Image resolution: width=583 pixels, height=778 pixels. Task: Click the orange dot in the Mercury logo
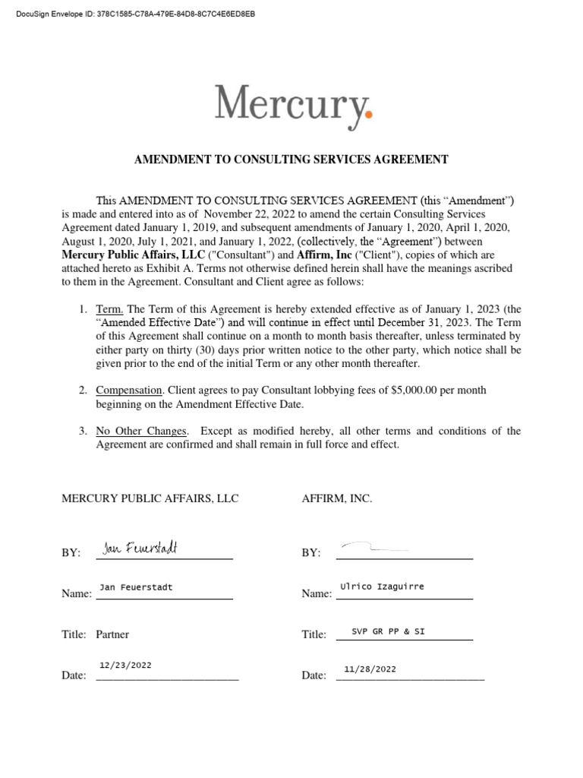coord(370,115)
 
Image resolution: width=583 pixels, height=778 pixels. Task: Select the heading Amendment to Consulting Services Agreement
coord(291,160)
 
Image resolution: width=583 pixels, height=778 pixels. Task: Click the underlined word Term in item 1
coord(109,309)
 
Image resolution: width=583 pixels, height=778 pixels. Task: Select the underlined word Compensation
coord(128,390)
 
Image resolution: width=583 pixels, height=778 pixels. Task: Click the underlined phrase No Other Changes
coord(140,431)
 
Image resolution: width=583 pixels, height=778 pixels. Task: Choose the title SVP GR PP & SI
coord(388,631)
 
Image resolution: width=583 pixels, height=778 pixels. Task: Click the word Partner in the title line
coord(112,634)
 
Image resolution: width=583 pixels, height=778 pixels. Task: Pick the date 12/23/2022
coord(125,665)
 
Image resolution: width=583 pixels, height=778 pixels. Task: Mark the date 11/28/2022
coord(370,669)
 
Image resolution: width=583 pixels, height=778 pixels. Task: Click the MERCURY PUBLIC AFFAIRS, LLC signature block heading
coord(150,498)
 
